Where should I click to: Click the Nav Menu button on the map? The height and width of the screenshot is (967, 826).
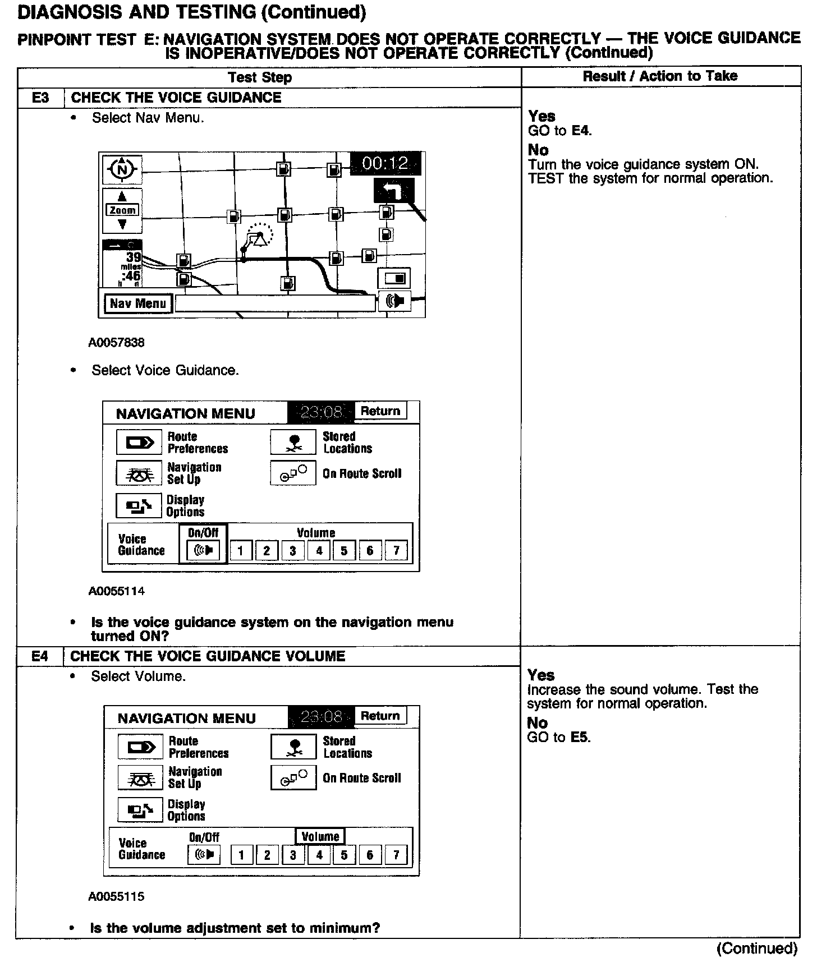[138, 303]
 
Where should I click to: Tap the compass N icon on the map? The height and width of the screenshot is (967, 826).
[122, 169]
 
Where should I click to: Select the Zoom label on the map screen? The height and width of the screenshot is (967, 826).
[122, 210]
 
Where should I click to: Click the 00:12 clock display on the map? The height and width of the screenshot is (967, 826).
[386, 163]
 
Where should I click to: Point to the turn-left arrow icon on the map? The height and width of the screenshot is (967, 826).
[394, 191]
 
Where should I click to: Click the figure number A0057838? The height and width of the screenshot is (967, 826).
[116, 342]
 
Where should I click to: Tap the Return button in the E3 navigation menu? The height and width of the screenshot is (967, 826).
[380, 411]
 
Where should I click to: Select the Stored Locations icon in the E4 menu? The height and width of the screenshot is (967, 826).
[293, 747]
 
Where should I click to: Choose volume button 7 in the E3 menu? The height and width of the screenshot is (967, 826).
[396, 550]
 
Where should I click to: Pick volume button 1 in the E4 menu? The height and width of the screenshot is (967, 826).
[241, 855]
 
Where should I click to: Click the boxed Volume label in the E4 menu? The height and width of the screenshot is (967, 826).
[320, 836]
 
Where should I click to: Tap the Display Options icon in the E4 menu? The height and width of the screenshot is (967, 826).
[139, 809]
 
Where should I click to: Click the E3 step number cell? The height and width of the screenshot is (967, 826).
[40, 98]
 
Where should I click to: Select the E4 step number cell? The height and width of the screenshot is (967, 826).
[40, 656]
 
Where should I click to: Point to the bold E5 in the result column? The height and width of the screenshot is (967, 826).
[580, 737]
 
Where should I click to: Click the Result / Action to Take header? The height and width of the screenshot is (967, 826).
[660, 76]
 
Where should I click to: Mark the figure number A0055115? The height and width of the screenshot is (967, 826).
[116, 896]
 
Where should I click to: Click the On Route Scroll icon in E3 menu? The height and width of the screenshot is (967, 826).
[293, 473]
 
